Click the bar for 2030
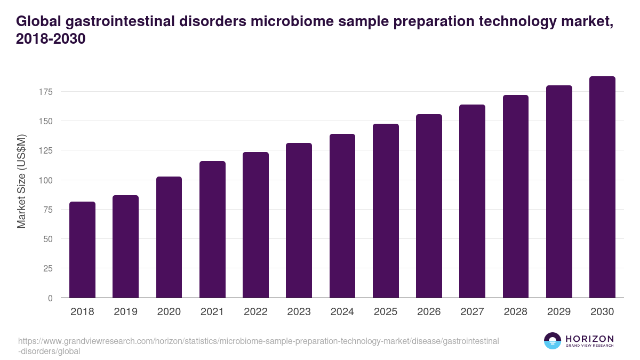[x=602, y=187]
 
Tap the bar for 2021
[x=212, y=229]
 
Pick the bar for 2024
[x=342, y=216]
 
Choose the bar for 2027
[x=472, y=201]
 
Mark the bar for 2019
[x=126, y=246]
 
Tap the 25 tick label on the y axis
[x=48, y=269]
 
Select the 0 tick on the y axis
[x=50, y=298]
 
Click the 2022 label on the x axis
[x=255, y=312]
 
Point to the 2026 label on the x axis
[x=429, y=312]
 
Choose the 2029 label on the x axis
[x=559, y=312]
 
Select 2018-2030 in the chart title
[x=51, y=39]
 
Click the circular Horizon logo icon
[x=552, y=341]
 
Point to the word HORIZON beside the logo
[x=589, y=338]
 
